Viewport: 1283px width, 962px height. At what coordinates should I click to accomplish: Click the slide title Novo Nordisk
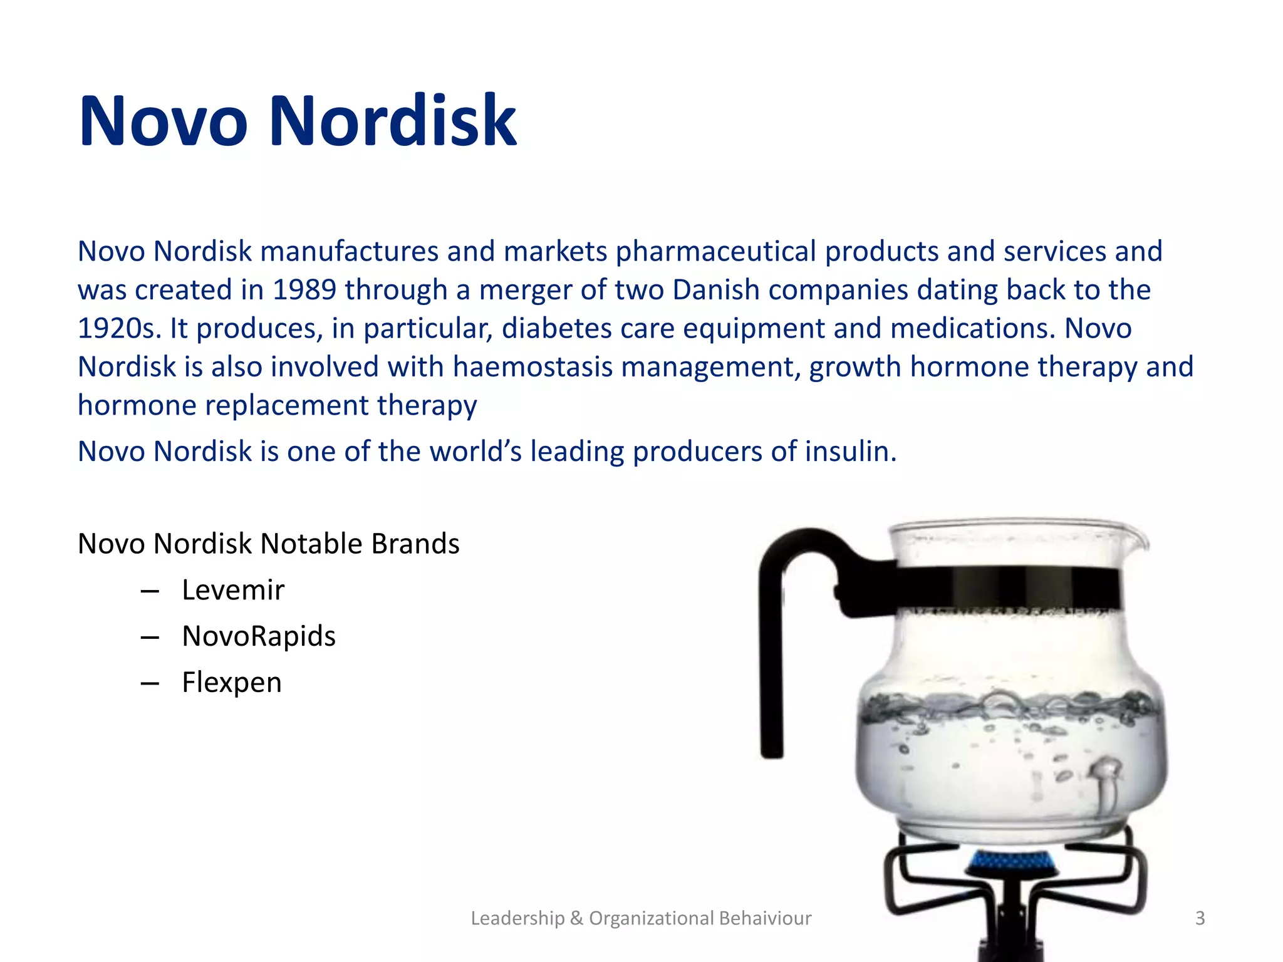[x=298, y=120]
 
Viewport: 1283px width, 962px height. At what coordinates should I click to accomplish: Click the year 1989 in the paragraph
[x=304, y=290]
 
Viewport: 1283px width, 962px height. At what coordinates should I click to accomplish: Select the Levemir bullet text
[x=233, y=590]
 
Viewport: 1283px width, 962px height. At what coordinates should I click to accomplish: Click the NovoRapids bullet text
[x=259, y=636]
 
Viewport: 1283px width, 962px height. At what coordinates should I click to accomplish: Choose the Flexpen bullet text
[x=232, y=683]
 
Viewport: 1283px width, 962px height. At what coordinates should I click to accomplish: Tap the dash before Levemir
[x=150, y=591]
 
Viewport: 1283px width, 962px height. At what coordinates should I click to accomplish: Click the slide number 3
[x=1200, y=918]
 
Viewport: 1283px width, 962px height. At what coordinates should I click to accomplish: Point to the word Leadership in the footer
[x=517, y=918]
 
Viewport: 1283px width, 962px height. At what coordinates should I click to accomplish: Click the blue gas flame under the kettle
[x=1009, y=863]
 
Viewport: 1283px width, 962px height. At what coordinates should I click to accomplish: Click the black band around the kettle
[x=1002, y=587]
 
